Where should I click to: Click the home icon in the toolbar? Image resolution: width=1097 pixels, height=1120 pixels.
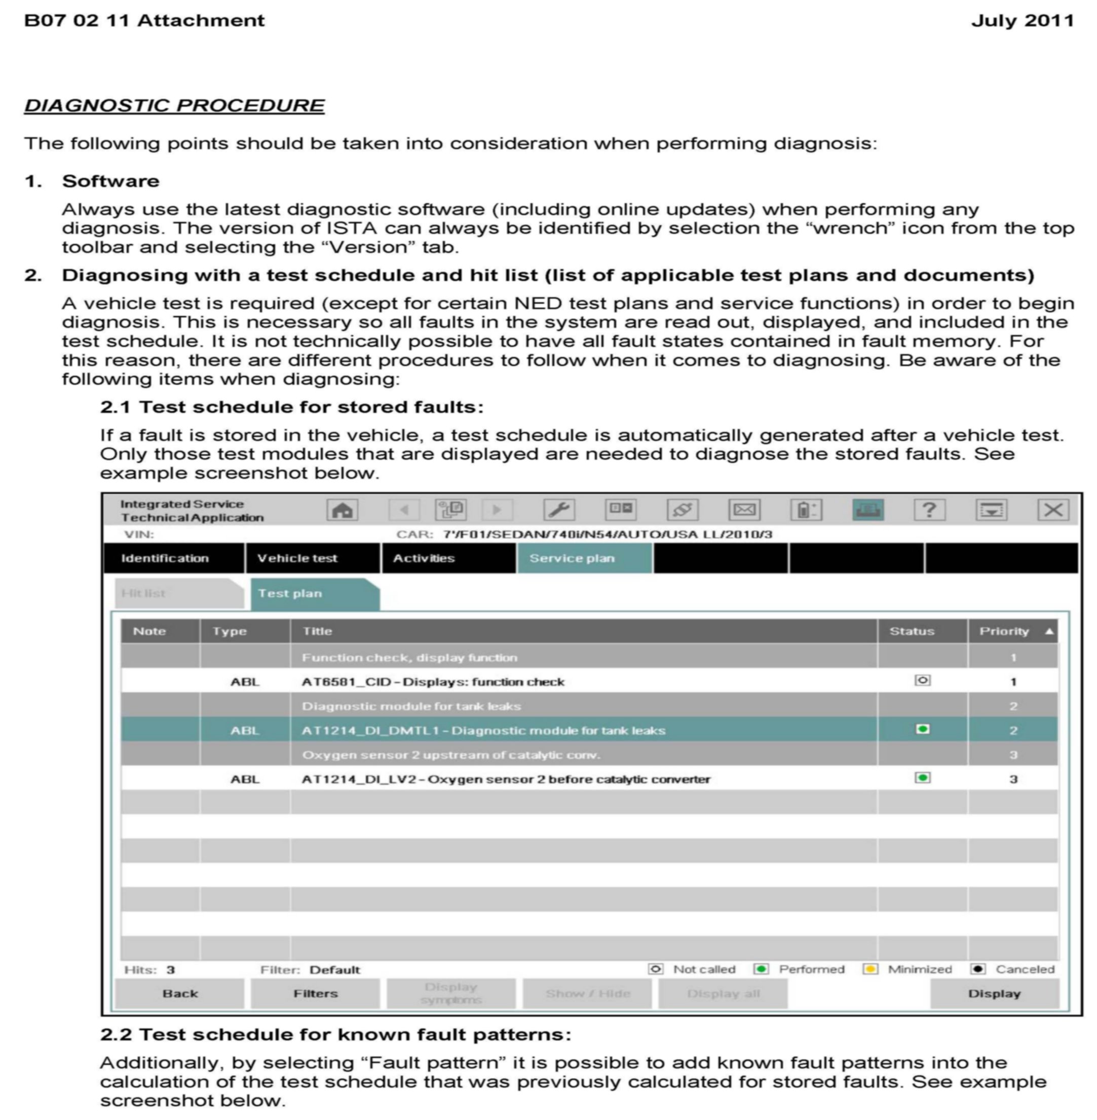pyautogui.click(x=342, y=510)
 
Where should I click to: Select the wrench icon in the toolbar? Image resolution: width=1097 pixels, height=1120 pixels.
pyautogui.click(x=558, y=510)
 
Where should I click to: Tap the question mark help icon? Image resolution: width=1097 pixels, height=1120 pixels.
pyautogui.click(x=929, y=510)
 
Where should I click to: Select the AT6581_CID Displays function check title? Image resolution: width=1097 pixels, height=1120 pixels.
pyautogui.click(x=433, y=682)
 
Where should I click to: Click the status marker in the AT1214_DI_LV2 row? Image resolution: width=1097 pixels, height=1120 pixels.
pyautogui.click(x=922, y=778)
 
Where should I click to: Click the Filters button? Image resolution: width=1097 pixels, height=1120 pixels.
pyautogui.click(x=315, y=993)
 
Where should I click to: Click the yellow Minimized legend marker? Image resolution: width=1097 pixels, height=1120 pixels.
pyautogui.click(x=870, y=969)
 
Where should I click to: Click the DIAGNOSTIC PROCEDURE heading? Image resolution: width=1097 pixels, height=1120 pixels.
pyautogui.click(x=174, y=105)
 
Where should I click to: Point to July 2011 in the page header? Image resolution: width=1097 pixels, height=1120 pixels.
pyautogui.click(x=1022, y=21)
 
